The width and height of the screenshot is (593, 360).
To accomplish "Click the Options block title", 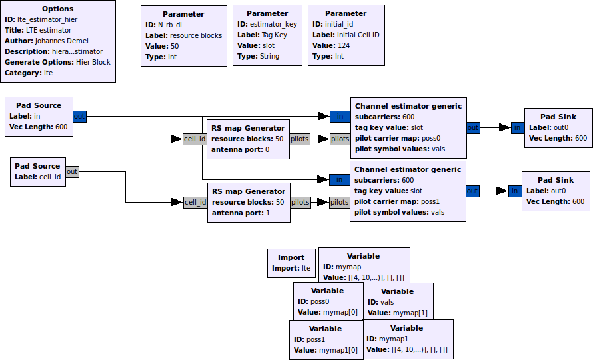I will point(58,9).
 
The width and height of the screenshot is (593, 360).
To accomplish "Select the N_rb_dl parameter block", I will point(183,35).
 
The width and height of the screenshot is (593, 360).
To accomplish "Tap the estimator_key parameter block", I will point(268,35).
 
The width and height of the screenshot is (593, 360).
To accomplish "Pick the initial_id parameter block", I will point(346,35).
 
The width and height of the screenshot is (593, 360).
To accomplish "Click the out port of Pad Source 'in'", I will point(79,117).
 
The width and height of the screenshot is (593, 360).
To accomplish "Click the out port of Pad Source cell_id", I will point(72,171).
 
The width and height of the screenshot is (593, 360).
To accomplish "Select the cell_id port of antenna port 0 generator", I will point(195,139).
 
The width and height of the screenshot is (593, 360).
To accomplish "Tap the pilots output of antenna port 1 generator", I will point(300,202).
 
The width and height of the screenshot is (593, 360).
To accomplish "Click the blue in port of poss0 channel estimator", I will point(340,117).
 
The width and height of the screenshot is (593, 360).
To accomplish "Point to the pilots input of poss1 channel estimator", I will point(340,202).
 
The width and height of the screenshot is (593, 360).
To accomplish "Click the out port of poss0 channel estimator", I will point(472,127).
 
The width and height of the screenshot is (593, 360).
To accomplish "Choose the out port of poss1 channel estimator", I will point(472,191).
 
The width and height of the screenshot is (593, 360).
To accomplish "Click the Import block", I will point(291,263).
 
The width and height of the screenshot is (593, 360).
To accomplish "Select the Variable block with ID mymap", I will point(364,266).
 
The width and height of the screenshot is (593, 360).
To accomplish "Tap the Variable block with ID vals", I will point(397,301).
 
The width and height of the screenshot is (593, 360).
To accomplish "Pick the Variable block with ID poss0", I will point(327,301).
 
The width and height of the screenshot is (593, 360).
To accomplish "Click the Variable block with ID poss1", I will point(326,339).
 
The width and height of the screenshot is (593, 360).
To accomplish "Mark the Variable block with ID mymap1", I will point(407,339).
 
